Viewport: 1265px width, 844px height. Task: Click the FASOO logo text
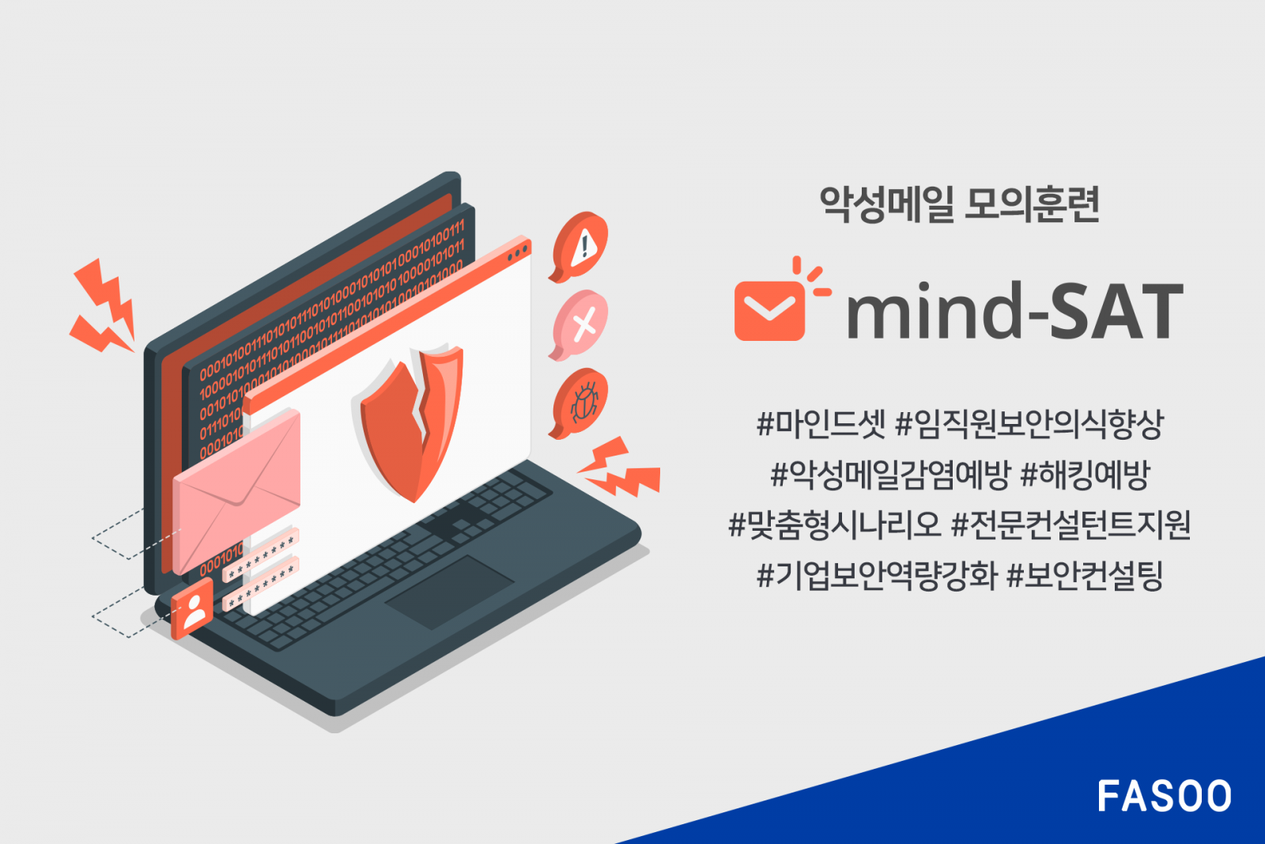(1164, 796)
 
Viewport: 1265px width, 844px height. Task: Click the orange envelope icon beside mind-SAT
(768, 310)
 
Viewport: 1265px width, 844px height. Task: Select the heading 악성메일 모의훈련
(959, 204)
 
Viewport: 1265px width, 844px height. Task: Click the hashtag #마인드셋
(821, 424)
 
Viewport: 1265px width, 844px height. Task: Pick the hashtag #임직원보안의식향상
(1029, 424)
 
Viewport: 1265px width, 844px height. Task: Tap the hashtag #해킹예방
(1085, 475)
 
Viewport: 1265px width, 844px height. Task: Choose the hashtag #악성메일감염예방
(890, 475)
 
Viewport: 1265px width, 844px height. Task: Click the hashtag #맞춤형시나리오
(834, 524)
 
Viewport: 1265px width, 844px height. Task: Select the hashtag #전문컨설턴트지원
(1071, 524)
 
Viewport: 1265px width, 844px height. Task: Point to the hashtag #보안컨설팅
(1085, 575)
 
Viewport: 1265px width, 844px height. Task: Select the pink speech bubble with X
(581, 324)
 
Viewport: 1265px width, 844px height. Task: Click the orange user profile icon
(192, 608)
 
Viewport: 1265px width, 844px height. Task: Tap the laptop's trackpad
(449, 591)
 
